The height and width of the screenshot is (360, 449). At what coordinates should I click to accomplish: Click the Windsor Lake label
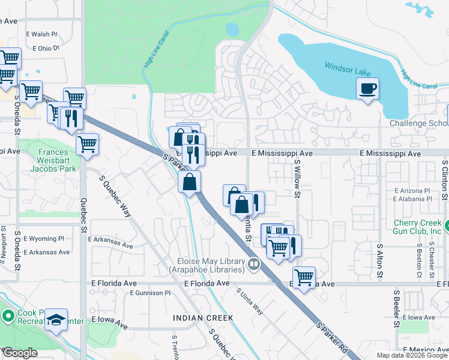(348, 68)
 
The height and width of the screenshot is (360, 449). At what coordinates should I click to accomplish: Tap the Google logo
(19, 353)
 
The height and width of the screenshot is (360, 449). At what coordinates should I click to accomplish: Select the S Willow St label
(297, 179)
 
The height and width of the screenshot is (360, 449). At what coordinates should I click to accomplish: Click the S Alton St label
(379, 260)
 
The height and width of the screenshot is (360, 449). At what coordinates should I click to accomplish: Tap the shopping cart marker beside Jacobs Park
(88, 144)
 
